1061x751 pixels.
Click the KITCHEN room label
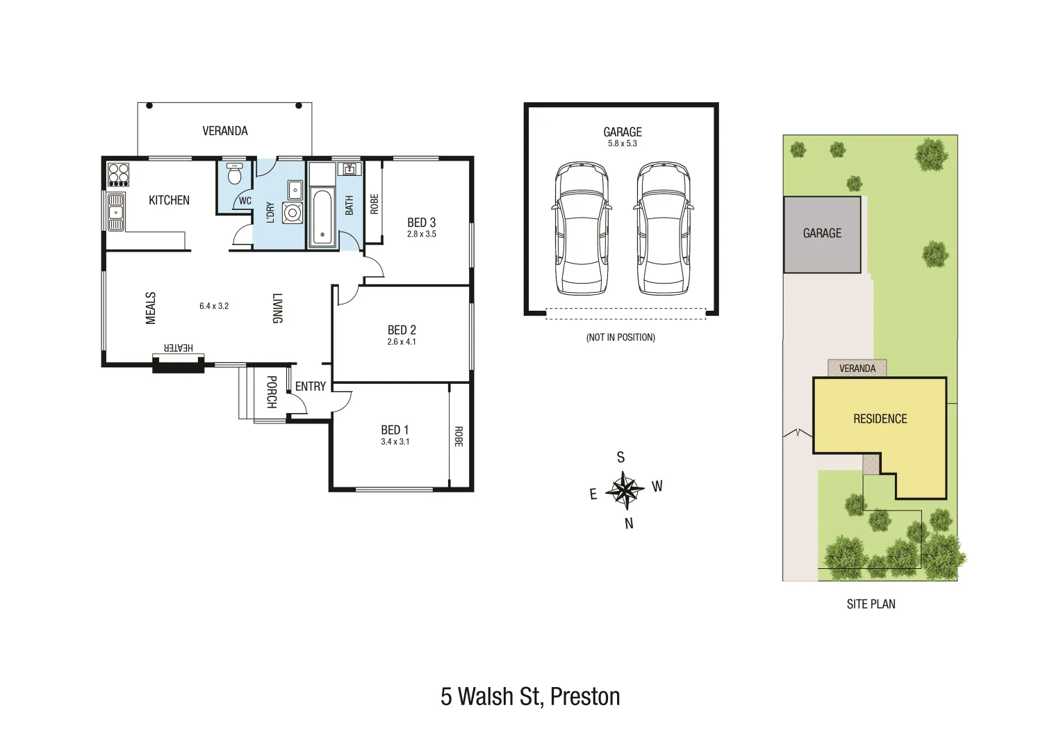click(169, 200)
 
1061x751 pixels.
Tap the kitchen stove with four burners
click(118, 174)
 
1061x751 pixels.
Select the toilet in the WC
click(235, 174)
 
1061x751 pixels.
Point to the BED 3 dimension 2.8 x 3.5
click(422, 234)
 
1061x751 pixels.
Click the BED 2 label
click(402, 330)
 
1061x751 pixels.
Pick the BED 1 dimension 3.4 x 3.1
click(395, 442)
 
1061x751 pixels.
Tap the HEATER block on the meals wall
click(179, 364)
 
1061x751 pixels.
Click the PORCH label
click(272, 392)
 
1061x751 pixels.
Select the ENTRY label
click(310, 387)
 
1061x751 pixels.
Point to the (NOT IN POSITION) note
click(620, 337)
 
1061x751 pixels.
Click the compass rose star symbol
click(625, 490)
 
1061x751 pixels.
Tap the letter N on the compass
click(629, 524)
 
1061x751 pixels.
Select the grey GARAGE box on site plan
click(822, 234)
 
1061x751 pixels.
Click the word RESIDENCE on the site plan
click(880, 419)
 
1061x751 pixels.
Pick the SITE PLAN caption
click(871, 604)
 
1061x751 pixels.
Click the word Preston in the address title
click(584, 697)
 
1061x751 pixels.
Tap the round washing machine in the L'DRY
click(293, 213)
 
